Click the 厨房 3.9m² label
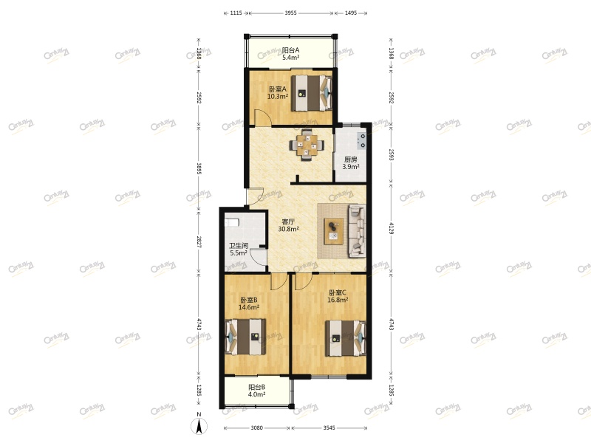[x=351, y=163]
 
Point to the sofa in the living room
[x=357, y=230]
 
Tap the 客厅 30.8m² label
[x=288, y=225]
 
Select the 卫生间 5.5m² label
[x=238, y=250]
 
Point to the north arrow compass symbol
[x=199, y=425]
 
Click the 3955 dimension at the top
[x=290, y=13]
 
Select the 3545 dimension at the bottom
[x=329, y=428]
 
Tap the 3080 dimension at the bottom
[x=258, y=428]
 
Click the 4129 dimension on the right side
[x=392, y=230]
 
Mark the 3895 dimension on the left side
[x=198, y=168]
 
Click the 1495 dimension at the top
[x=351, y=13]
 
